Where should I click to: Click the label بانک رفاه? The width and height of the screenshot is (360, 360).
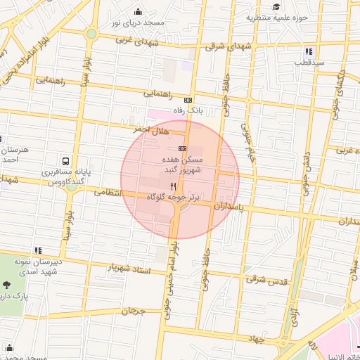point(188,110)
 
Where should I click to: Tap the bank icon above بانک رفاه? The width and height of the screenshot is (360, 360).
point(188,100)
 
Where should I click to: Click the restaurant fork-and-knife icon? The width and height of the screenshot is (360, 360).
point(174,188)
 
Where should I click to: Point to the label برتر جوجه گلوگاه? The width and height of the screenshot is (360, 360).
point(173,200)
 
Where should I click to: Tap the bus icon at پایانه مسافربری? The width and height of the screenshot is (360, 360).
point(65,161)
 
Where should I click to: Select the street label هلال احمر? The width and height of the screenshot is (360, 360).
point(153,131)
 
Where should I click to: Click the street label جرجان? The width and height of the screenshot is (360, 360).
point(131,310)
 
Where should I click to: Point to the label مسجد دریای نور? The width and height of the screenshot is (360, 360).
point(138,22)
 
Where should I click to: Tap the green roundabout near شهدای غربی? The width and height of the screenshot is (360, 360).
point(91,34)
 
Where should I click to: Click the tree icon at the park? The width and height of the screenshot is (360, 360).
point(7,285)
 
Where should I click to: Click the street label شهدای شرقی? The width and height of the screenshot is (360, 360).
point(224,46)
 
